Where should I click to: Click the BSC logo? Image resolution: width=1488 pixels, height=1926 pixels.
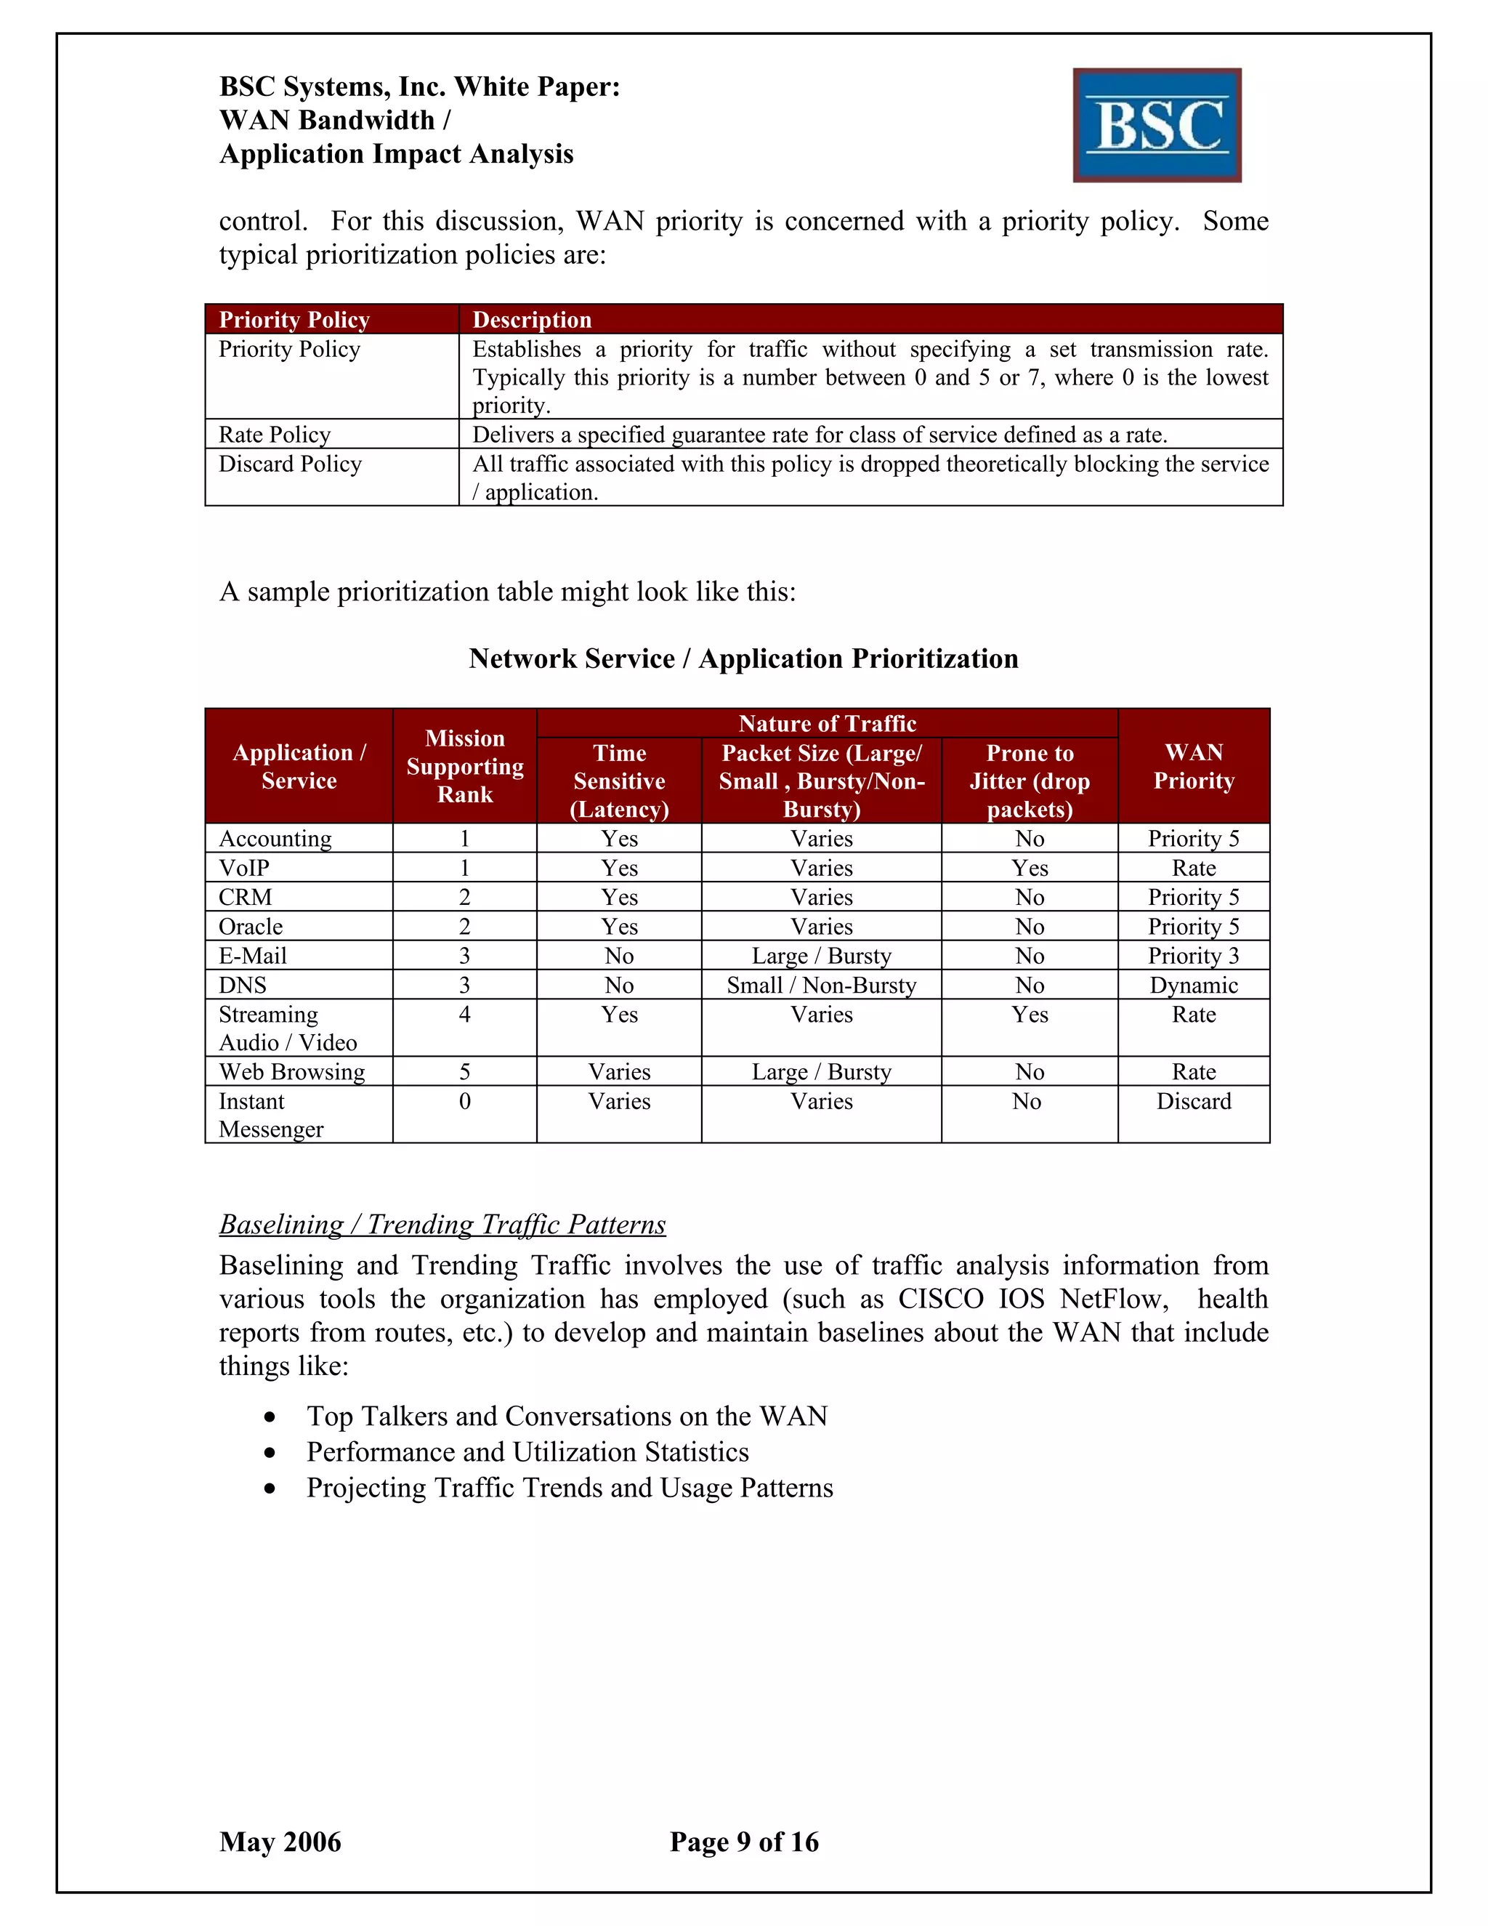1157,125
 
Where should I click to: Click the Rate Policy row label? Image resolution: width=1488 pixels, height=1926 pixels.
274,434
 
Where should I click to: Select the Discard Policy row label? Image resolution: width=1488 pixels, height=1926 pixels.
290,464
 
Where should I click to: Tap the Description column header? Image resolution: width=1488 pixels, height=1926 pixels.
532,319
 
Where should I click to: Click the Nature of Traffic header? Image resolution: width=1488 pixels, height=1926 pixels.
827,723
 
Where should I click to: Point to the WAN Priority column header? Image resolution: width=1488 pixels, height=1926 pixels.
1194,765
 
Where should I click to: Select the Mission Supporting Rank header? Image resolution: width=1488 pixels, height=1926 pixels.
464,765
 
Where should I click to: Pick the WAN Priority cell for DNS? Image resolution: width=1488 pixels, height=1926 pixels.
1194,985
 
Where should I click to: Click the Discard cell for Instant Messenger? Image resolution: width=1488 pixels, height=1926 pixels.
1194,1101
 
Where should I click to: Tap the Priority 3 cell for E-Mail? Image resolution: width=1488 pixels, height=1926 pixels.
1194,956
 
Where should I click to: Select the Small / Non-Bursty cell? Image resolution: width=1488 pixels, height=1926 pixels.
822,985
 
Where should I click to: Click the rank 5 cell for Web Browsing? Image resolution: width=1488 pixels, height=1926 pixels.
464,1071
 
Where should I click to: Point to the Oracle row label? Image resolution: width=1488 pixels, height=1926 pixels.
251,927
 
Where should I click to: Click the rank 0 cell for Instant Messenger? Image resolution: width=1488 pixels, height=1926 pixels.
464,1101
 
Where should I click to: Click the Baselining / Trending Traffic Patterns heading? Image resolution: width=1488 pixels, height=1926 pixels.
442,1224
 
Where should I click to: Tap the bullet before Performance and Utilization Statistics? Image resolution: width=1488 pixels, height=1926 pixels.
270,1452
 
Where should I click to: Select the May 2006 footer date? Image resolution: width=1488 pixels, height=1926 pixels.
280,1842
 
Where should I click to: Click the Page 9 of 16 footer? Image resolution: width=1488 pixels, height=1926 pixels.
744,1842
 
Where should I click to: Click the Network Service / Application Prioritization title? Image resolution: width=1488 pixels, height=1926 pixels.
743,658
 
